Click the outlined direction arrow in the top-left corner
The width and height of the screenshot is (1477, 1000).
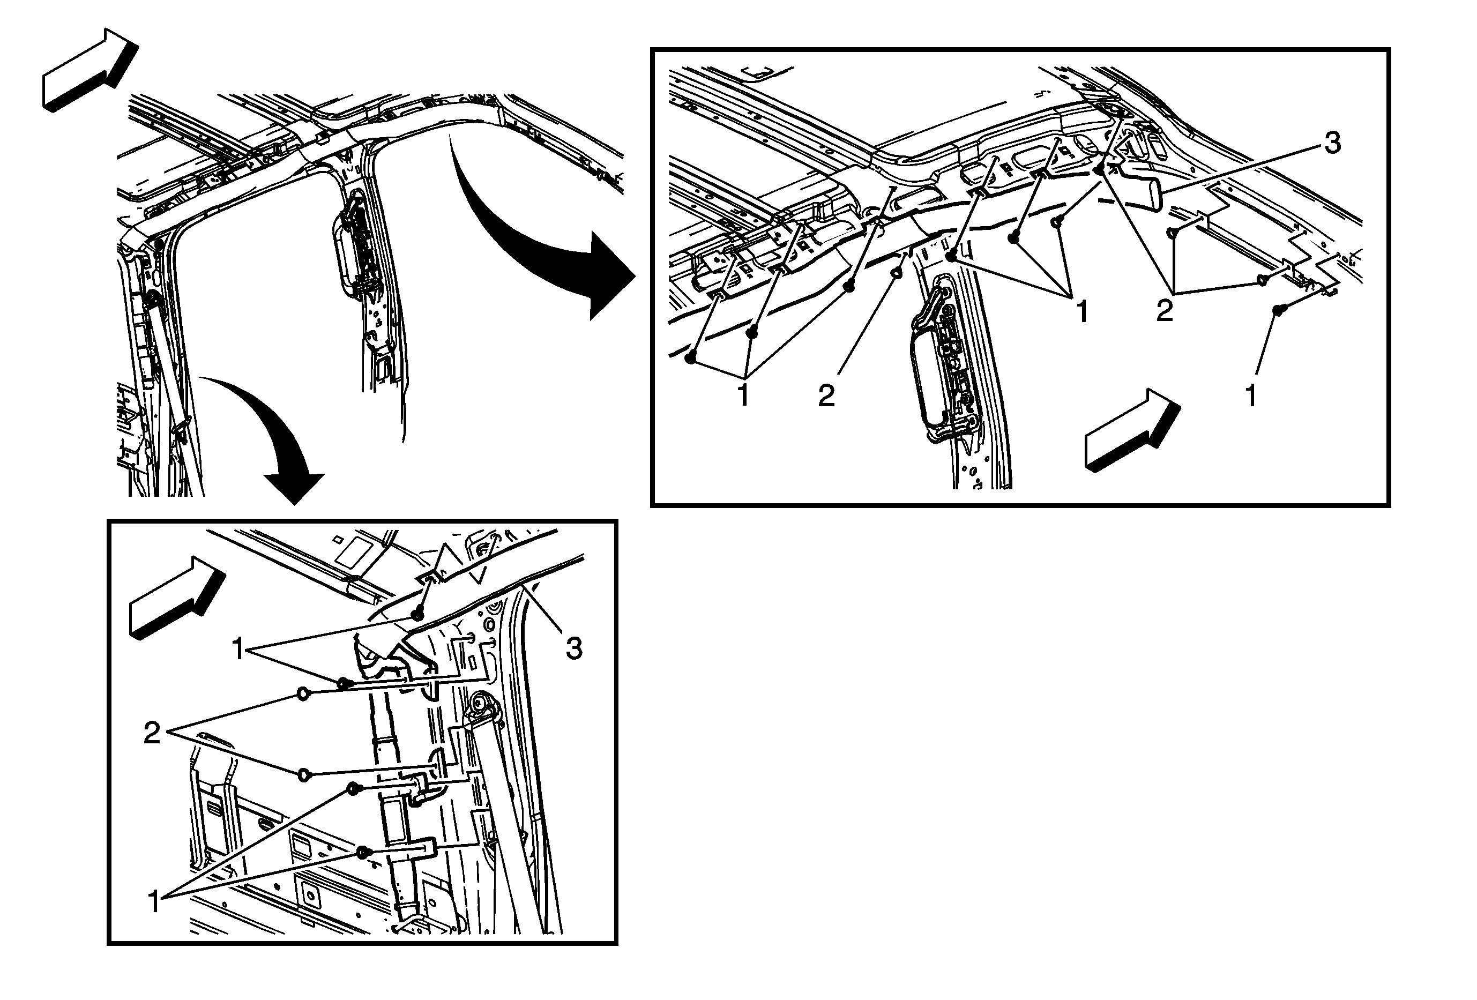pyautogui.click(x=89, y=70)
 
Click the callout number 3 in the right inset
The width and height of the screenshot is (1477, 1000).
pyautogui.click(x=1333, y=144)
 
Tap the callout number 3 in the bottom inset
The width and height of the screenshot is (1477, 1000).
pyautogui.click(x=574, y=650)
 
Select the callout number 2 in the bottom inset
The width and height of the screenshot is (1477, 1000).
pyautogui.click(x=152, y=734)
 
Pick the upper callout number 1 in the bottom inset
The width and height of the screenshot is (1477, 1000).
pyautogui.click(x=238, y=650)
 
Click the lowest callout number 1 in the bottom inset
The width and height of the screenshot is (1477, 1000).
pyautogui.click(x=154, y=902)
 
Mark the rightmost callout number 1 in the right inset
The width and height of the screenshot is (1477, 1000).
pyautogui.click(x=1251, y=396)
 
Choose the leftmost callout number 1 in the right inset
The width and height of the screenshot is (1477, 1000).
pyautogui.click(x=742, y=394)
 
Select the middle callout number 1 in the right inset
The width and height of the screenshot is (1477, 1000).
pyautogui.click(x=1081, y=312)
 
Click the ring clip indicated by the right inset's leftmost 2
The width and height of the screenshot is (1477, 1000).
pyautogui.click(x=896, y=273)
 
